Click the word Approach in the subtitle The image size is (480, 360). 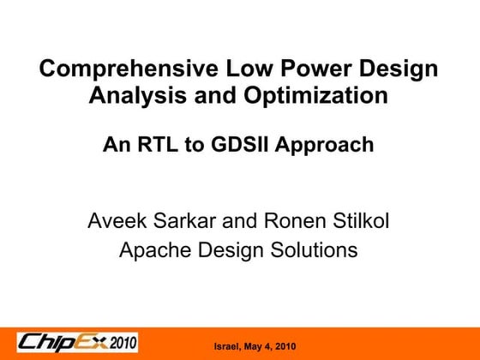[327, 146]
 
